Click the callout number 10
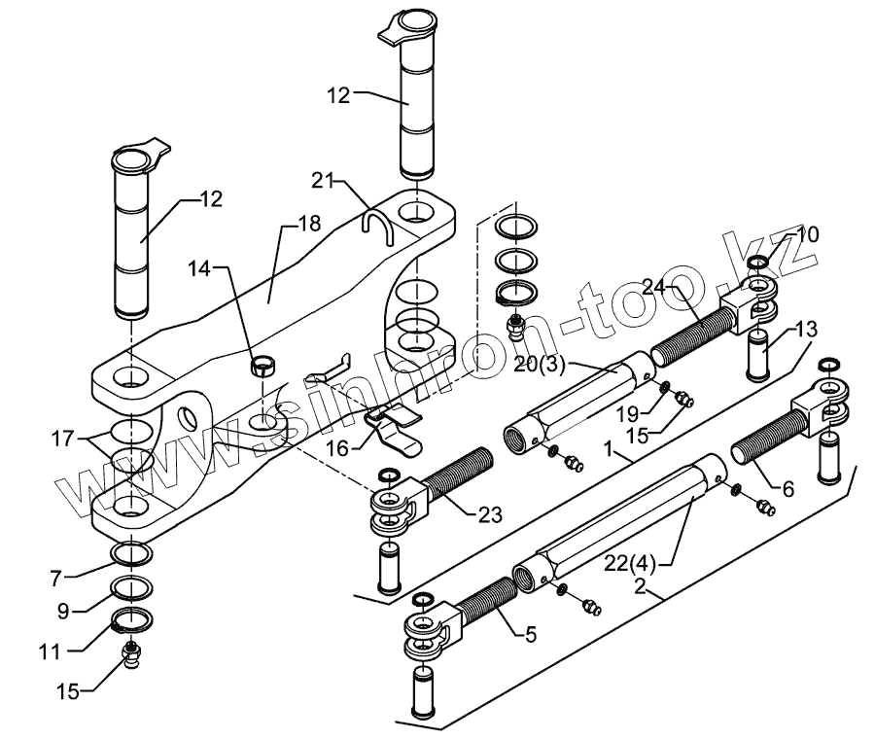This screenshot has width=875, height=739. point(808,234)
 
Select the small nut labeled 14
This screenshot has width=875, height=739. point(261,366)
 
